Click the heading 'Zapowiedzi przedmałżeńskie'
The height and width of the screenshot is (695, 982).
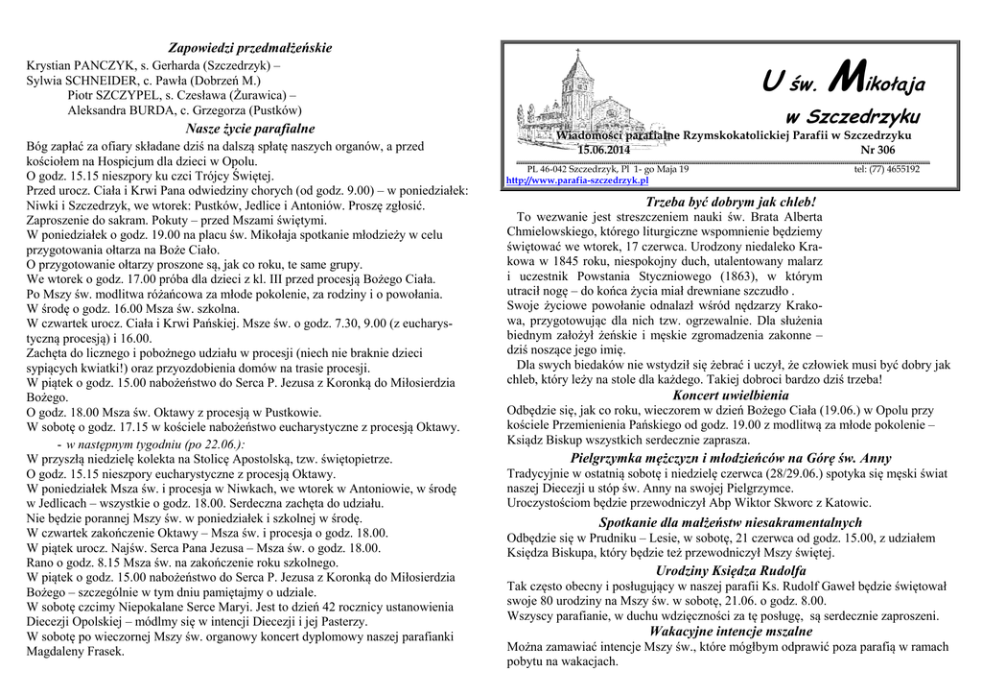point(250,48)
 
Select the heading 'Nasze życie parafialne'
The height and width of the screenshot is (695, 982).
point(250,129)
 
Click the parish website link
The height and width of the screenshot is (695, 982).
point(576,180)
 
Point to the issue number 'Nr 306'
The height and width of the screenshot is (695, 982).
point(878,151)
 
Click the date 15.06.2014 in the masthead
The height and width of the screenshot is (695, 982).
point(604,151)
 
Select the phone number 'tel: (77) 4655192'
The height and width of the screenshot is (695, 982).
point(886,170)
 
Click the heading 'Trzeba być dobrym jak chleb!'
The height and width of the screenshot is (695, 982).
point(731,203)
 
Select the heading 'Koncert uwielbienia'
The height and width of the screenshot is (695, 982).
point(731,395)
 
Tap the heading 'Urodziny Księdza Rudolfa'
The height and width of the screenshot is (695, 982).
point(731,570)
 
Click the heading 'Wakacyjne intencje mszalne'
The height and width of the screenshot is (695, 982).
point(731,632)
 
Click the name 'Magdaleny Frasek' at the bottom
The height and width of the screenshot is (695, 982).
point(76,651)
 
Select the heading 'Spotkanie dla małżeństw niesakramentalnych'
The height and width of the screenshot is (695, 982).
point(731,522)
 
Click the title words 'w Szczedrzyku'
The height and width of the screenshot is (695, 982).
point(852,117)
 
